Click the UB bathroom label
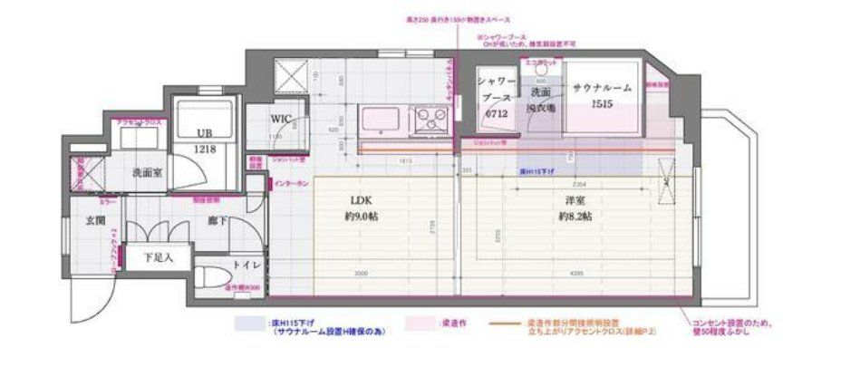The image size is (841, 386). [x=205, y=132]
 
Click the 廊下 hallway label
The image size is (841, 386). [x=216, y=220]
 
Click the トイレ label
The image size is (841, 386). [x=249, y=265]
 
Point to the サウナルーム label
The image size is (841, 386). [x=602, y=88]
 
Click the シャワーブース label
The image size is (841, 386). [x=497, y=90]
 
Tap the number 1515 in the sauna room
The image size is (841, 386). [x=602, y=105]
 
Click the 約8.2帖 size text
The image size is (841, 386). [x=575, y=217]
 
